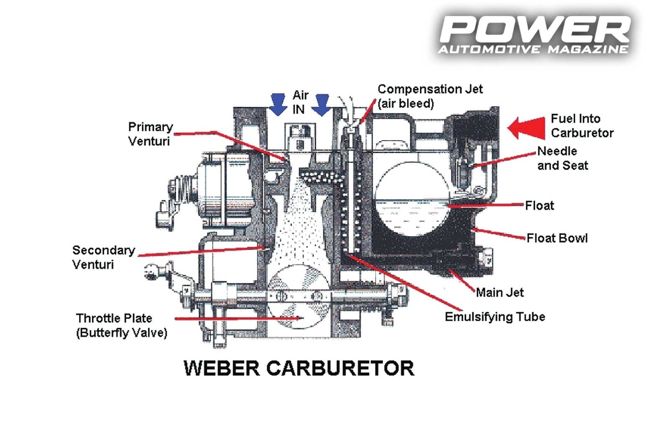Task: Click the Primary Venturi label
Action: coord(150,134)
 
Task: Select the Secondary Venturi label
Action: coord(103,257)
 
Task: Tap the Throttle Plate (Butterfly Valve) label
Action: coord(121,325)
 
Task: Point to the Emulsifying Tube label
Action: coord(494,316)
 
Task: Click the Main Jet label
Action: coord(499,292)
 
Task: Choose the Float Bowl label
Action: coord(557,238)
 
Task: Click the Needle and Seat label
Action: coord(562,158)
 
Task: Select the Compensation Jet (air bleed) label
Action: coord(430,96)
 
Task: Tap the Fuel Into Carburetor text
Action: coord(582,125)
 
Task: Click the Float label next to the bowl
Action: coord(539,205)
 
